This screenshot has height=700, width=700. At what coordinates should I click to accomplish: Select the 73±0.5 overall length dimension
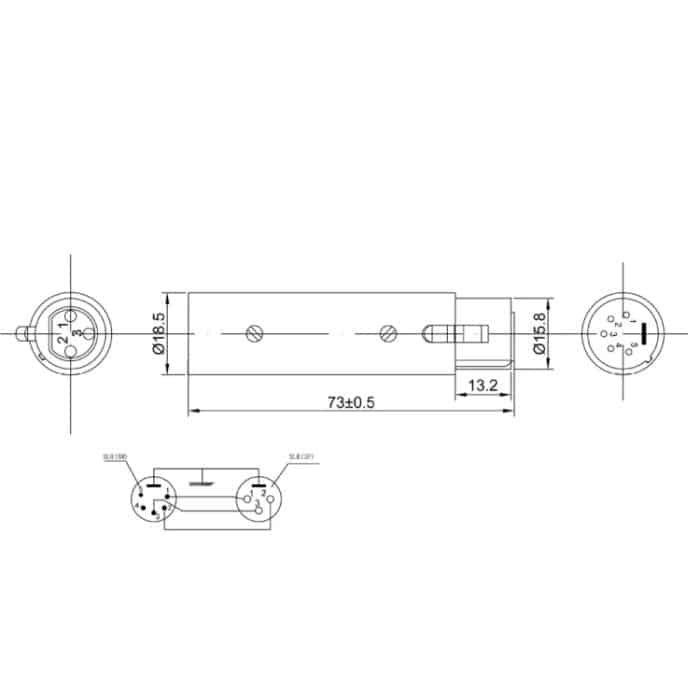click(351, 402)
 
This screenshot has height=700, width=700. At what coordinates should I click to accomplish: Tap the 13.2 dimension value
click(484, 384)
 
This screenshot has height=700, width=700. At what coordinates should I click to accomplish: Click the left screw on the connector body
click(255, 333)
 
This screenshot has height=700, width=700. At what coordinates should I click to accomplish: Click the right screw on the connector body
click(388, 333)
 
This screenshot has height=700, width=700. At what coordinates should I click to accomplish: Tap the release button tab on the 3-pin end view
click(23, 332)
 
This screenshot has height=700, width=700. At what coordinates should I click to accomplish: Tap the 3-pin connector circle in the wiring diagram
click(259, 501)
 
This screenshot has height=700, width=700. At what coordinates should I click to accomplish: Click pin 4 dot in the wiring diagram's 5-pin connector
click(138, 507)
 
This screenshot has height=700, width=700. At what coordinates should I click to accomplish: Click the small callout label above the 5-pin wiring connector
click(115, 457)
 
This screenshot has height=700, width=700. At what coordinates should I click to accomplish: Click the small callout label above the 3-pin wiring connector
click(299, 457)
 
